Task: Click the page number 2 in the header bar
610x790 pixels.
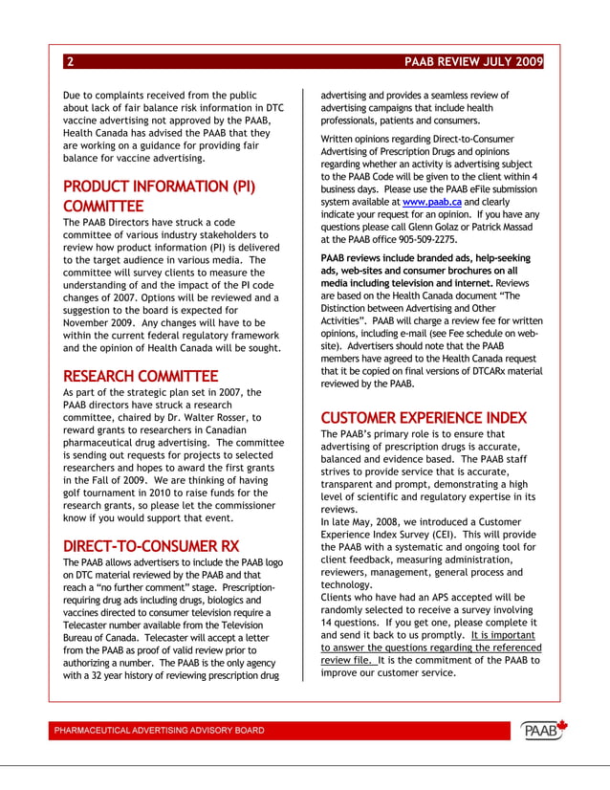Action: click(70, 62)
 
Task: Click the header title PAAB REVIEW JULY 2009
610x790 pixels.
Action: click(473, 62)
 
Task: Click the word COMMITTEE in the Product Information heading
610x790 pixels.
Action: click(103, 206)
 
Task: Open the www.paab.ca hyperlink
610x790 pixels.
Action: click(432, 203)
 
